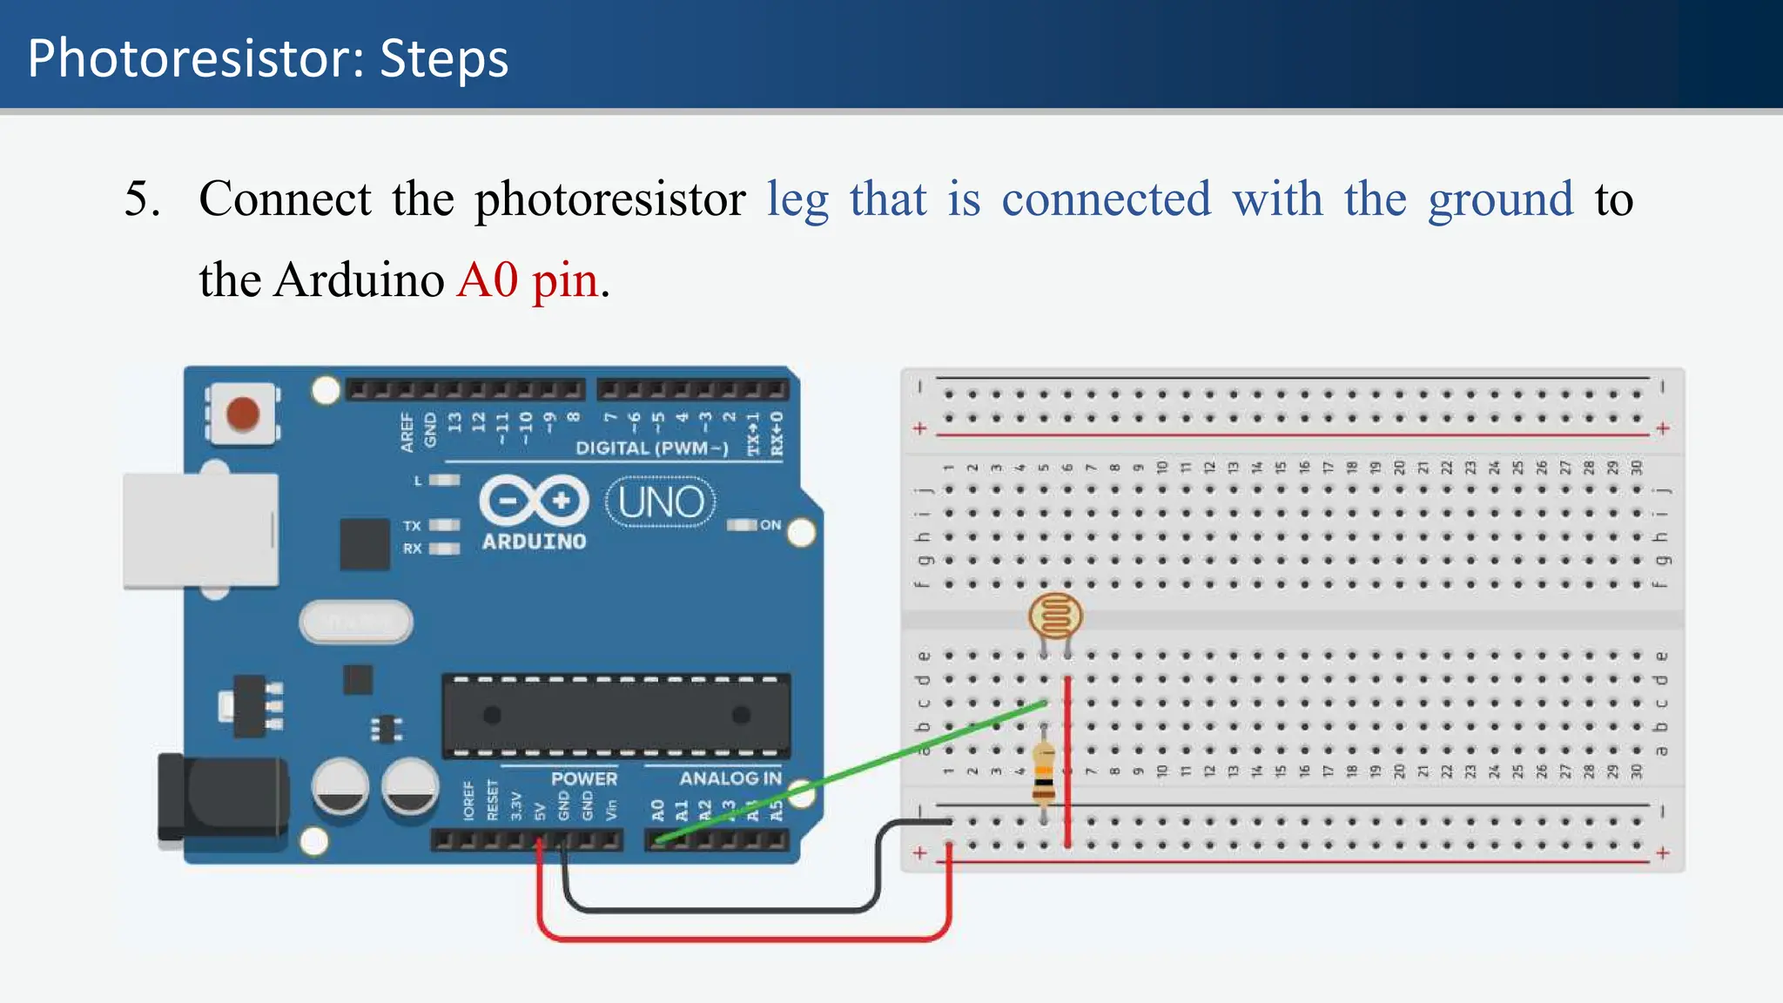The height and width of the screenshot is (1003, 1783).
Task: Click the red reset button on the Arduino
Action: click(242, 414)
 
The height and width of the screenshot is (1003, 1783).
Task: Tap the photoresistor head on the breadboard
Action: click(1055, 616)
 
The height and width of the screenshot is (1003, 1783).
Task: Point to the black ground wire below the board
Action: click(723, 910)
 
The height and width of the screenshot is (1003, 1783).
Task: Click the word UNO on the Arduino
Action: click(661, 502)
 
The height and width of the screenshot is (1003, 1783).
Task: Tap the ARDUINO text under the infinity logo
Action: click(534, 542)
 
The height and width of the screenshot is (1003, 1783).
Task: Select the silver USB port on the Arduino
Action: click(201, 530)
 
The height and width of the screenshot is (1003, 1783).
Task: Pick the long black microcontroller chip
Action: click(616, 716)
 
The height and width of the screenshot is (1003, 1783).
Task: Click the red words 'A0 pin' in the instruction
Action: click(528, 280)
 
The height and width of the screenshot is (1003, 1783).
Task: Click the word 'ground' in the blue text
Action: click(1500, 199)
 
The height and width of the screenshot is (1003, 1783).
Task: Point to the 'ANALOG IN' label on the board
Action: click(730, 778)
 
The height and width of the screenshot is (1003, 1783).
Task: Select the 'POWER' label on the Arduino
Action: click(583, 778)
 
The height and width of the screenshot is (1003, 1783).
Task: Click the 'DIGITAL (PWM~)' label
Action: click(652, 448)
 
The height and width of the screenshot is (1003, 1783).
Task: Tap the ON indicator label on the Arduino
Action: click(770, 525)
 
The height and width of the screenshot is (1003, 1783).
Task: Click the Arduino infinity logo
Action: click(534, 501)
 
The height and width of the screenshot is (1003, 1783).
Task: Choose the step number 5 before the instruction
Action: click(141, 199)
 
